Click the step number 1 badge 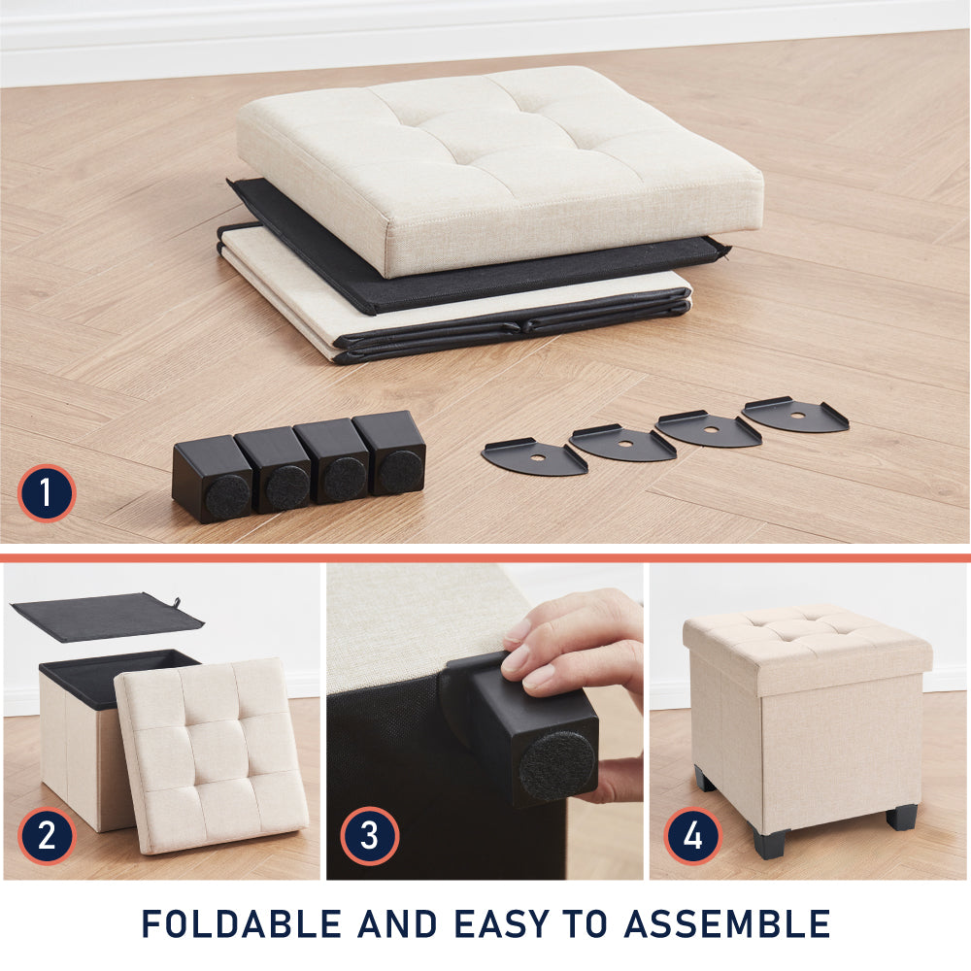coord(47,493)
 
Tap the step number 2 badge coord(47,836)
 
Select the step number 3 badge coord(369,836)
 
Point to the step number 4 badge coord(693,836)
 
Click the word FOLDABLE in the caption coord(242,924)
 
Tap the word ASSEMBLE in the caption coord(727,924)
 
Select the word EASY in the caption coord(502,924)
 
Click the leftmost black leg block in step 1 coord(213,479)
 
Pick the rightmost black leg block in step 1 coord(390,452)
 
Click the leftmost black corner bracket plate coord(534,457)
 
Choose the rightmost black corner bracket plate coord(795,415)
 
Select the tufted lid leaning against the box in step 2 coord(211,755)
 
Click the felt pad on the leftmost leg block coord(228,496)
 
